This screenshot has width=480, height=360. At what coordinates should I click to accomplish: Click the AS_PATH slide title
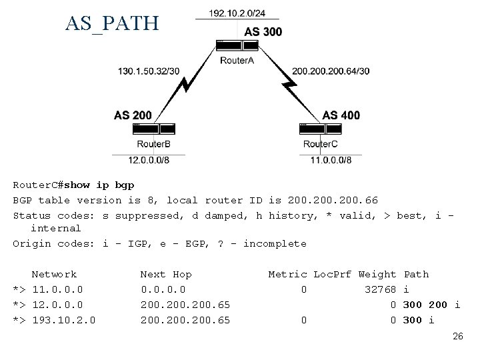pos(112,23)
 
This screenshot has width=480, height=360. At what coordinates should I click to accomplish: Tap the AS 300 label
pos(263,31)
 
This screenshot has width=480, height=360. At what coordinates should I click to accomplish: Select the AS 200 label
pos(133,115)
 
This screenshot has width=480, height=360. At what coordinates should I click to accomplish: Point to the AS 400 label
pos(341,115)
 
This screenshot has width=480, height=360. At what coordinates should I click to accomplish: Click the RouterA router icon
pos(237,46)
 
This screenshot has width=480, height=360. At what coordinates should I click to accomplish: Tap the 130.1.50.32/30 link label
pos(148,71)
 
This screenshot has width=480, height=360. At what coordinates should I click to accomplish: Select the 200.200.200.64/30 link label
pos(331,71)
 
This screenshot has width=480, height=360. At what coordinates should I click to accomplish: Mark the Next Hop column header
pos(166,274)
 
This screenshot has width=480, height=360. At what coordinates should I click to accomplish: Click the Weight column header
pos(377,274)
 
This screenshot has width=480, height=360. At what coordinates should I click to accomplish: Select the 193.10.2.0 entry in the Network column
pos(63,320)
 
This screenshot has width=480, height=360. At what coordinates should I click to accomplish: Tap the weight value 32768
pos(381,289)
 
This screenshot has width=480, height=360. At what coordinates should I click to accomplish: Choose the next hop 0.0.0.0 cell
pos(163,289)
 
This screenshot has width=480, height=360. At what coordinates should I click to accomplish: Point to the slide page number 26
pos(457,337)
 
